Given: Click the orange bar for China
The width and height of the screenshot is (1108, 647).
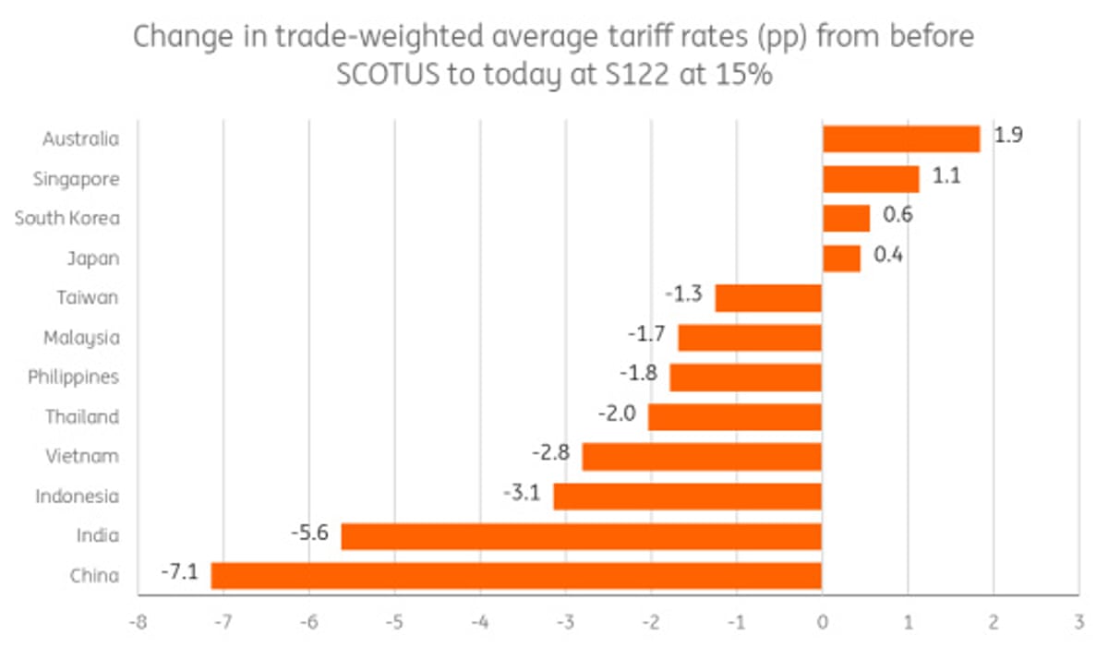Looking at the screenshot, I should pos(516,576).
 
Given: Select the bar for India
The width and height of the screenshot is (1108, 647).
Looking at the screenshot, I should pos(582,536).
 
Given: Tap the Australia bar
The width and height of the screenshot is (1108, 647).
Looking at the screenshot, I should pos(901,139).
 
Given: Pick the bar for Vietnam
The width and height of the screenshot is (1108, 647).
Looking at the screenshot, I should pos(702,457).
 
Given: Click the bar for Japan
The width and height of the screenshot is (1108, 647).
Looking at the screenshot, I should pos(841,258).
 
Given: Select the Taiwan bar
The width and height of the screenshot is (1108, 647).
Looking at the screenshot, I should pos(768,298).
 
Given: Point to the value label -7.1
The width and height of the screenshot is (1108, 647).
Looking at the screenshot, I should pos(178,572).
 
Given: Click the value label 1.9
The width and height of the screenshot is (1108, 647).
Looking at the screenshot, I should pos(1008,135).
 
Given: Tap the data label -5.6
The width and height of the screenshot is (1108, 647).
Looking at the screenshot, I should pos(309,533).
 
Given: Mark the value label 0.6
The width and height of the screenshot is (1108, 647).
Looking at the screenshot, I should pos(898,214).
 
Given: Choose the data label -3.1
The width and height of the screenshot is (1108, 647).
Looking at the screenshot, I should pos(522,493).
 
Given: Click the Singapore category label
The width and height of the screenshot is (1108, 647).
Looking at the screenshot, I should pos(75,179).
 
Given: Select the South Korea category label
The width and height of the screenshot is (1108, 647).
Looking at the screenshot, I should pos(66,219).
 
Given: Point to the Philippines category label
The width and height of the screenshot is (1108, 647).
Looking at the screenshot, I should pos(73,377).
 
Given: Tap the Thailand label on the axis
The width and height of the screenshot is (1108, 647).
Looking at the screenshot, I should pos(82,417).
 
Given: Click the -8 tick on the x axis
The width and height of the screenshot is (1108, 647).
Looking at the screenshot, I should pos(137,621).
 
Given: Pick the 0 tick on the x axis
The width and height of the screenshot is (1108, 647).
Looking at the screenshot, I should pos(822,621).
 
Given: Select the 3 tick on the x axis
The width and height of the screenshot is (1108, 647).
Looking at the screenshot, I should pos(1078,621).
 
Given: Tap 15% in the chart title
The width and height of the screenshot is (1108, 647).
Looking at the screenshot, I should pos(741,75).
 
